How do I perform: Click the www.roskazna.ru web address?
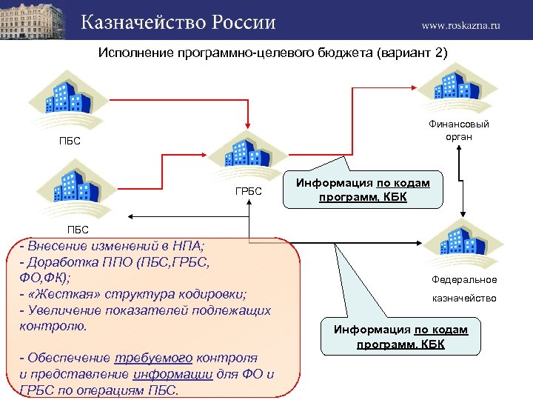click(x=460, y=24)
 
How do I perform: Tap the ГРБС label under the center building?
click(x=248, y=191)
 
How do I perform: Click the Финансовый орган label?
click(x=459, y=130)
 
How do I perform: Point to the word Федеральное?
click(x=464, y=280)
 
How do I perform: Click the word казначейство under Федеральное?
click(x=464, y=299)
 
